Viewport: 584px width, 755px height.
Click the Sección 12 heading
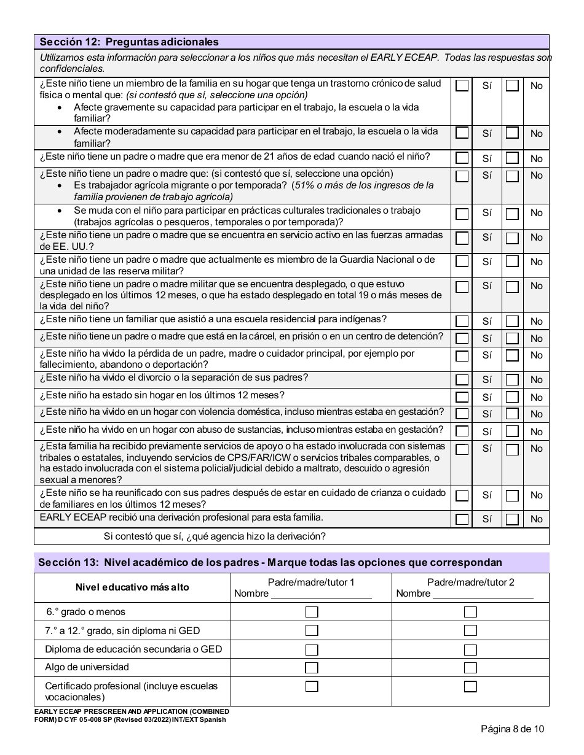tap(129, 42)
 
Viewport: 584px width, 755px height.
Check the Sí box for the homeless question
tap(462, 398)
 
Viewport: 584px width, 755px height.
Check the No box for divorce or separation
tap(511, 380)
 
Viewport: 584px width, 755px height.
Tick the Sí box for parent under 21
tap(462, 158)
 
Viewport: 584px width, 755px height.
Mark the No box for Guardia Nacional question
tap(511, 262)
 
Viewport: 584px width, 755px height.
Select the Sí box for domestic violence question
tap(462, 414)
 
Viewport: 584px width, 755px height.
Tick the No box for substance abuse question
tap(511, 432)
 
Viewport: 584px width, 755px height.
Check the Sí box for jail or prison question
tap(462, 339)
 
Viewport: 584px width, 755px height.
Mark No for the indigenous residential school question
tap(511, 322)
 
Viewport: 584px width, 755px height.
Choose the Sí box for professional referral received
tap(462, 519)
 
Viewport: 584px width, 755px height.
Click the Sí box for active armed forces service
tap(462, 238)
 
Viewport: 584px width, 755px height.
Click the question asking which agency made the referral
tap(215, 536)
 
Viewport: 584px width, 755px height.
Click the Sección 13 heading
tap(270, 562)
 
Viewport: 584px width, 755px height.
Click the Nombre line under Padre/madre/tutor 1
tap(321, 594)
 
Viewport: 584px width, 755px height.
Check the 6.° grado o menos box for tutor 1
tap(312, 612)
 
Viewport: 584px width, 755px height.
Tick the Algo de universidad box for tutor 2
tap(470, 668)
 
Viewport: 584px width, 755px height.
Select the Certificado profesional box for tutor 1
tap(312, 686)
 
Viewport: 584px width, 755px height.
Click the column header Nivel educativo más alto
tap(132, 587)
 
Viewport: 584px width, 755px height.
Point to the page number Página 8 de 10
tap(512, 730)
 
